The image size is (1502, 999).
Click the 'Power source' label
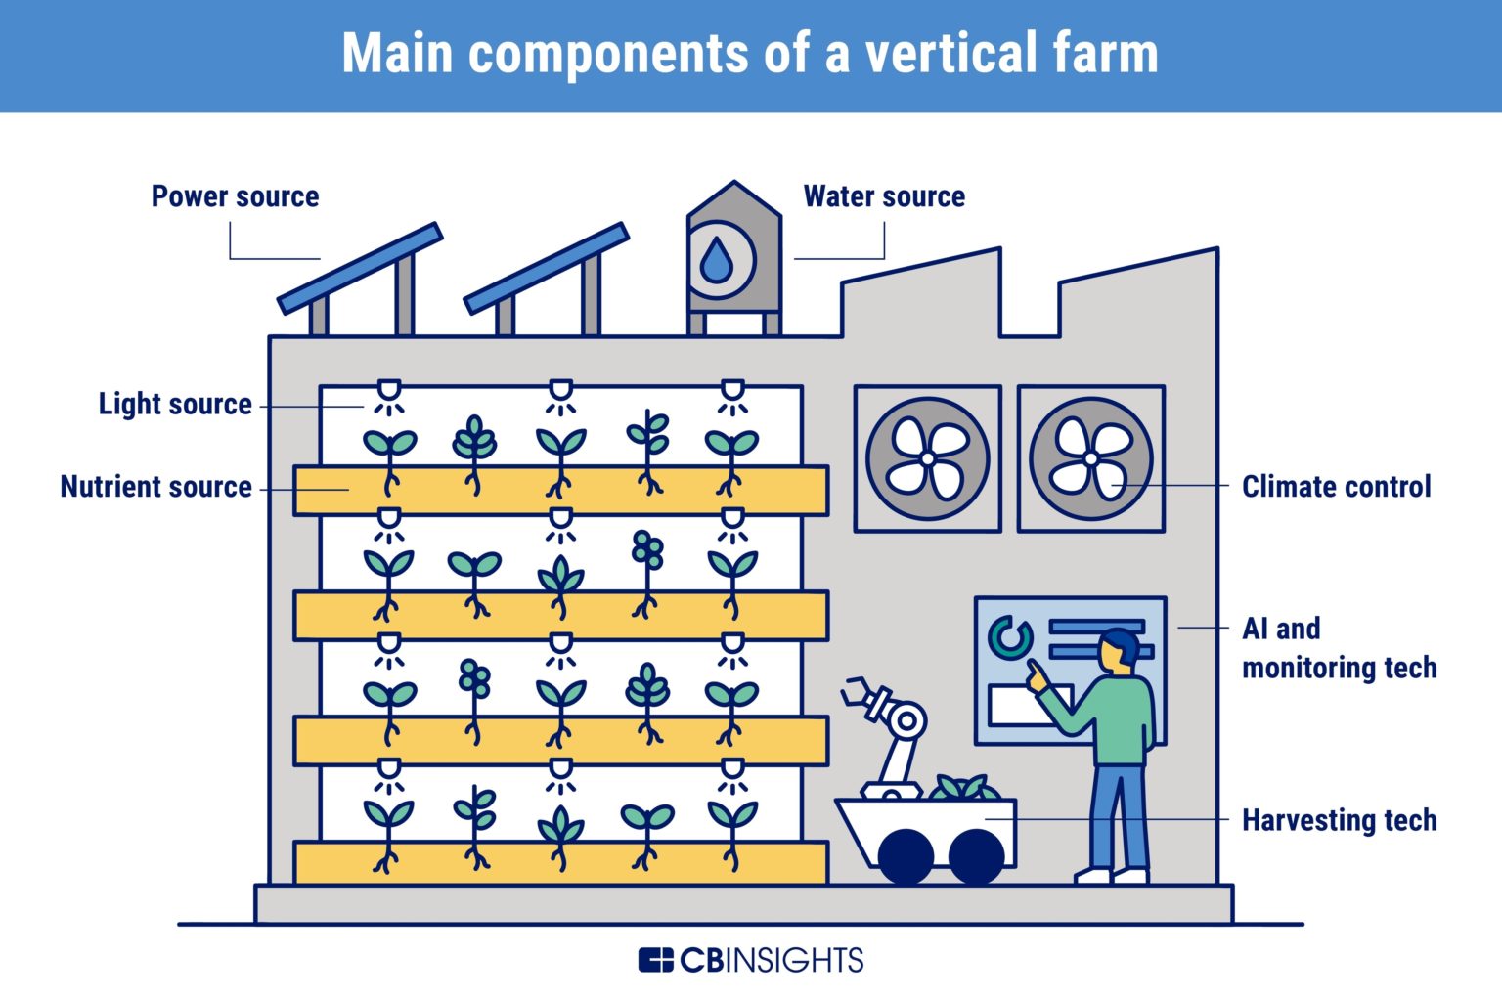click(x=235, y=196)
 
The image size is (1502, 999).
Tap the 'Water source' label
click(x=884, y=196)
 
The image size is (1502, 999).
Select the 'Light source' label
click(x=175, y=404)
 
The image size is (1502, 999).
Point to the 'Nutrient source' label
click(x=156, y=487)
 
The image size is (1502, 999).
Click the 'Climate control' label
click(x=1336, y=487)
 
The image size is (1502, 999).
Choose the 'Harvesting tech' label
click(x=1339, y=820)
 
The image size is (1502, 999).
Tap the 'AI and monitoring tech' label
click(x=1339, y=648)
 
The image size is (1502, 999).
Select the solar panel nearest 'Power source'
click(x=360, y=268)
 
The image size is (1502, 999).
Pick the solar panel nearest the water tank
click(x=546, y=268)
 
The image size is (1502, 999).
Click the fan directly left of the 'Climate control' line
click(x=1090, y=458)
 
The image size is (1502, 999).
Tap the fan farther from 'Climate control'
click(x=927, y=458)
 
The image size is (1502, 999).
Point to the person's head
click(x=1119, y=650)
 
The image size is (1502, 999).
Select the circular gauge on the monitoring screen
click(x=1010, y=638)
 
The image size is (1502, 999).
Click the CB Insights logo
click(x=750, y=960)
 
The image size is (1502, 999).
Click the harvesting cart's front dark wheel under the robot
click(x=906, y=855)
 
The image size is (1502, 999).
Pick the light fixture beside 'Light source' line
click(x=389, y=393)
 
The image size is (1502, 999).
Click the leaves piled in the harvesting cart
click(x=962, y=787)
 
